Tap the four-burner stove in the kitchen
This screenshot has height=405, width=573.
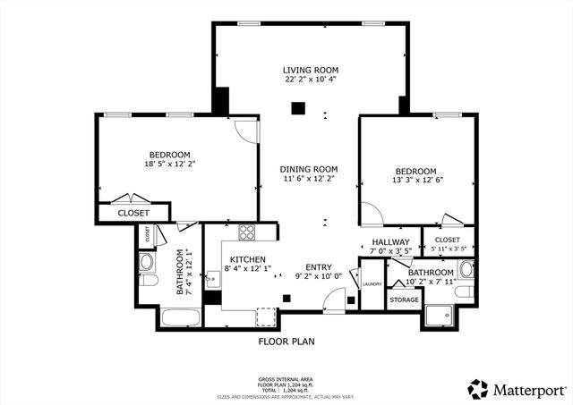[x=247, y=232]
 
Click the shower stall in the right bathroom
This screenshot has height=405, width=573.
[x=439, y=314]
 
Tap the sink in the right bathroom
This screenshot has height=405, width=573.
[x=465, y=269]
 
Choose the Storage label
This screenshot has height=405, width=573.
[x=404, y=300]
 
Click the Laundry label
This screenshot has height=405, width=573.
[x=372, y=284]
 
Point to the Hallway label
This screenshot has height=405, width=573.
[x=390, y=242]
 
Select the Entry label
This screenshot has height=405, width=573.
[x=318, y=266]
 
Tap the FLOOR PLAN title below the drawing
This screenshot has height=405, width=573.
[x=286, y=341]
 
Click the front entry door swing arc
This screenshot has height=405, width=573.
[x=333, y=304]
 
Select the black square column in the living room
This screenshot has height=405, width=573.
[x=298, y=109]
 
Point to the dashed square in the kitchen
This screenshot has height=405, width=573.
[x=266, y=317]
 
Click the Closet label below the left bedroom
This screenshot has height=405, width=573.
[x=133, y=213]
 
